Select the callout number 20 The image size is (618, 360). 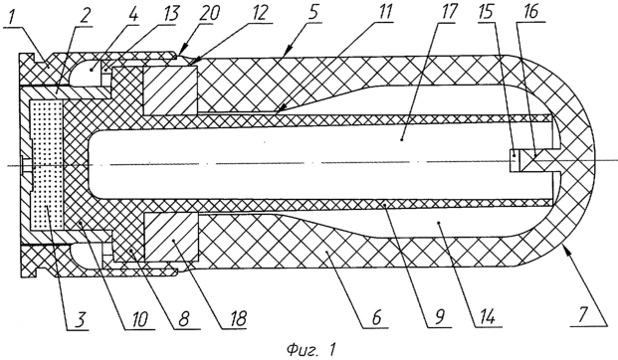208,14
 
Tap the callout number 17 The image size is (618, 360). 446,13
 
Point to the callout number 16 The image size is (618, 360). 529,13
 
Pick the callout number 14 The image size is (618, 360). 487,316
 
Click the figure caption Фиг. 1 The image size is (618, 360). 311,349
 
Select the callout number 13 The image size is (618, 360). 170,14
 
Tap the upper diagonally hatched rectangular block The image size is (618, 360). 170,90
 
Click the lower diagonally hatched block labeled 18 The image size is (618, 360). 171,237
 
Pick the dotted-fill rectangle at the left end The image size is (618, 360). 47,165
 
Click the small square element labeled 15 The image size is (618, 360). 515,160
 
